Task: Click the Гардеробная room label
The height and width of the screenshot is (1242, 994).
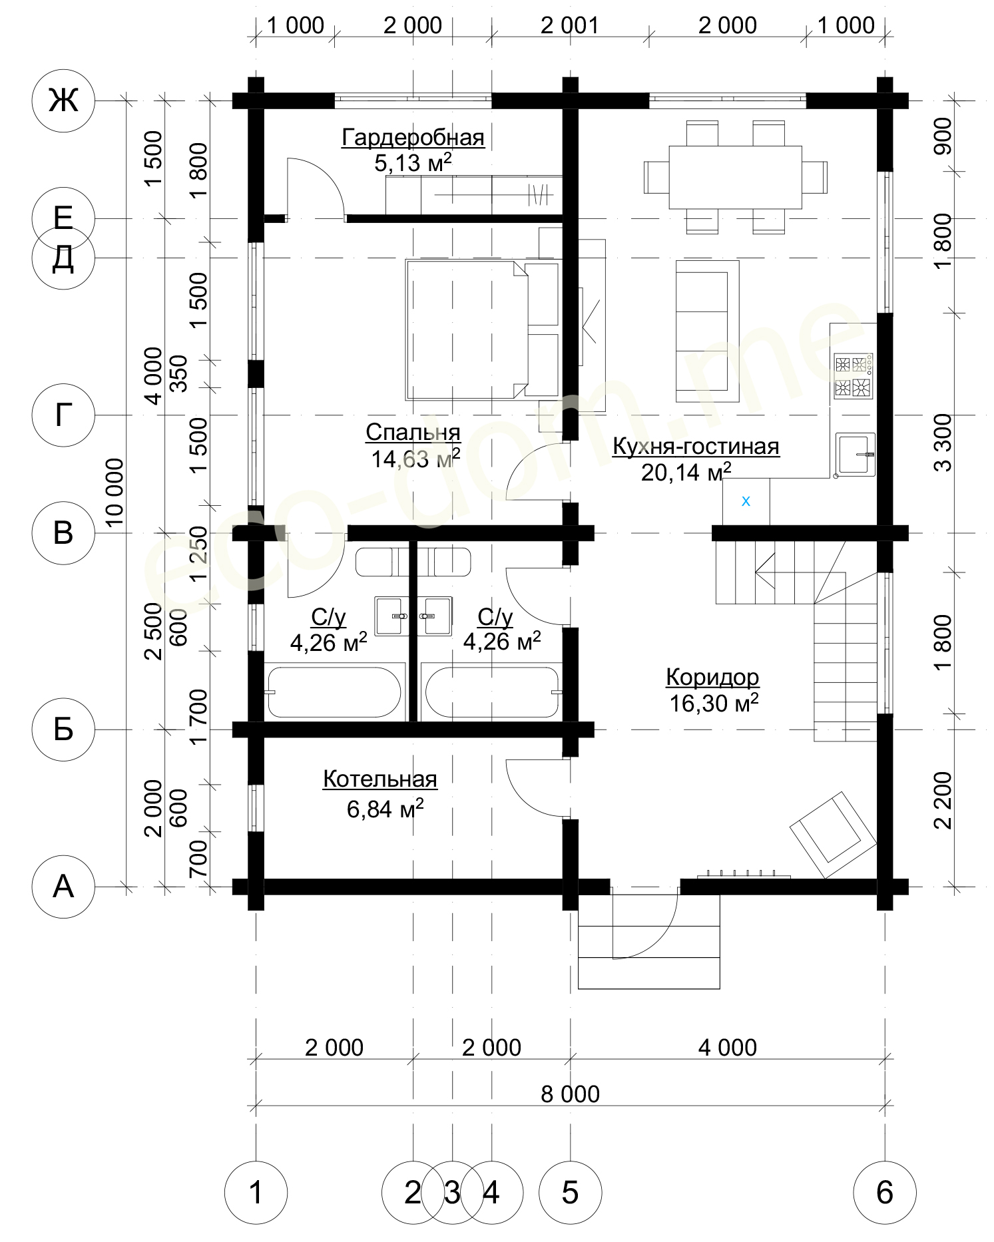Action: (x=413, y=138)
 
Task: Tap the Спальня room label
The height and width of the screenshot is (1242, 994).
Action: (x=413, y=433)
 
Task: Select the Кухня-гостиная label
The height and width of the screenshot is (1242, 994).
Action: (x=696, y=446)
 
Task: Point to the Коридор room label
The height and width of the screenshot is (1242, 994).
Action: (x=712, y=677)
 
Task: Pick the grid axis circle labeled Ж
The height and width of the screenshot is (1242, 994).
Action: (x=63, y=101)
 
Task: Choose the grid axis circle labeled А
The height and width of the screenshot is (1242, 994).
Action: (x=63, y=887)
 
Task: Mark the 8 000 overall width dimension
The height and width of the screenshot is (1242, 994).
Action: (x=571, y=1094)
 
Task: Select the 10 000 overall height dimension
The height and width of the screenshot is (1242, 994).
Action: (x=115, y=493)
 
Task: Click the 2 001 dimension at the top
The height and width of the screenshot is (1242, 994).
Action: (x=570, y=25)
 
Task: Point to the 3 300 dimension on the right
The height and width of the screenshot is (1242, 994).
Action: (x=943, y=443)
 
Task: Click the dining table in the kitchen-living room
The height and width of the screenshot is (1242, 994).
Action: (x=736, y=177)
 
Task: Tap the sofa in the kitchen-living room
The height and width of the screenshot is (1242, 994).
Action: (x=708, y=331)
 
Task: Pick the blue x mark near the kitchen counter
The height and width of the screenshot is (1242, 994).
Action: (x=746, y=501)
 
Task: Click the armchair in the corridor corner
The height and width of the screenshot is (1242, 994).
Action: (x=833, y=835)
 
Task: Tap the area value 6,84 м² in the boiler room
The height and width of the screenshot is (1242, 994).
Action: (x=385, y=809)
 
